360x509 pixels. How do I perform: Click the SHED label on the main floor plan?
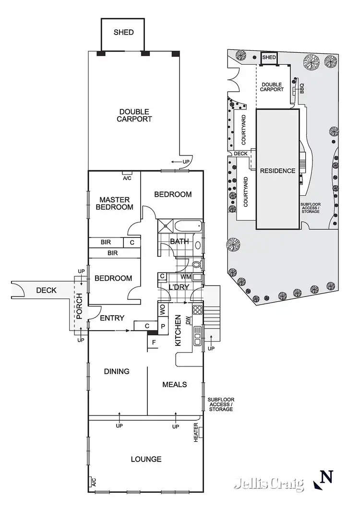click(x=123, y=33)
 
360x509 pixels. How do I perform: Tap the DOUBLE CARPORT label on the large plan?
click(x=134, y=115)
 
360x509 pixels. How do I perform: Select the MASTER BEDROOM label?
click(x=116, y=203)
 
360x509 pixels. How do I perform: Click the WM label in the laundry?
click(x=186, y=277)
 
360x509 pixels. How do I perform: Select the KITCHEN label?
click(x=177, y=331)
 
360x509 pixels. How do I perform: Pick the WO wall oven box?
click(x=162, y=310)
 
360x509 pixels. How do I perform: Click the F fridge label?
click(x=154, y=343)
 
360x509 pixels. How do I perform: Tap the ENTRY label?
click(x=112, y=318)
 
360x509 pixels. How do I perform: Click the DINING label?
click(x=117, y=371)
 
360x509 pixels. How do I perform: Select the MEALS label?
click(x=174, y=384)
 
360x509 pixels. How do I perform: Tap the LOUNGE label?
click(x=146, y=459)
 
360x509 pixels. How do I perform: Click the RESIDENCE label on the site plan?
click(x=277, y=170)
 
